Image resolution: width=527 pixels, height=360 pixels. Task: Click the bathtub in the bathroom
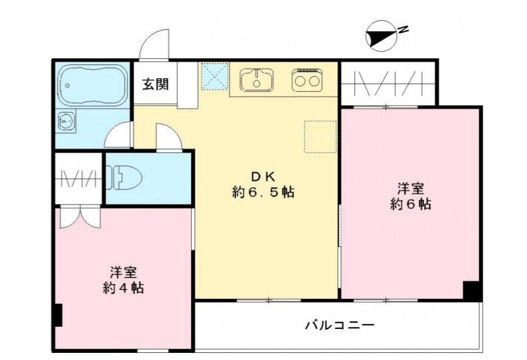(91, 85)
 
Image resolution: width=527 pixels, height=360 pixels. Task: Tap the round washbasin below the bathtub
(67, 121)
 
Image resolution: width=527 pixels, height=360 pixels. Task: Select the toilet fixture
(126, 178)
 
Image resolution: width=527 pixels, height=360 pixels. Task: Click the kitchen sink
(256, 80)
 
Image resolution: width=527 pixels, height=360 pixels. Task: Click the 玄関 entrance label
(155, 84)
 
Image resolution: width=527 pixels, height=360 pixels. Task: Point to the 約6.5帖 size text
(264, 192)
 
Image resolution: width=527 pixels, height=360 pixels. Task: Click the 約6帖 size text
(410, 205)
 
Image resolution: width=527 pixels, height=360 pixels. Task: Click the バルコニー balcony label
(339, 326)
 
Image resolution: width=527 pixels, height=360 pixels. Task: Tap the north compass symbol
(381, 36)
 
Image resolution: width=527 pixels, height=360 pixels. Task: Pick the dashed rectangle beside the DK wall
(320, 136)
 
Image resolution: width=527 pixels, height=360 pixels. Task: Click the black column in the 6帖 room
(471, 290)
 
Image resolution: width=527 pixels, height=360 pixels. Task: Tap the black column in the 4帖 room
(58, 314)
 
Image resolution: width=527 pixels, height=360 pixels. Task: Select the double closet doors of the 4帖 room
(80, 216)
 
